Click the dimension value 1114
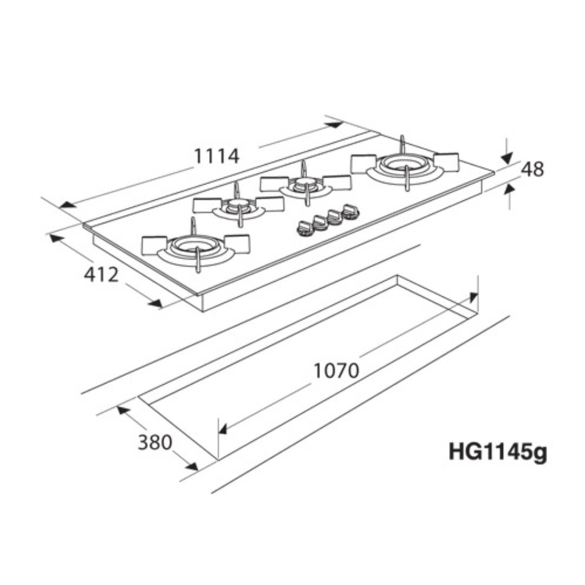coord(217,157)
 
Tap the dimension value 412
coord(101,275)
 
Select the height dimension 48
coord(532,170)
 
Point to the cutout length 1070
coord(336,370)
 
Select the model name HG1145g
coord(497,452)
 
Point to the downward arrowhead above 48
coord(506,158)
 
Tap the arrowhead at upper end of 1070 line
coord(473,297)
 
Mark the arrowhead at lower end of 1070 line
coord(222,430)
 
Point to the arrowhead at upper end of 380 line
coord(123,410)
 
